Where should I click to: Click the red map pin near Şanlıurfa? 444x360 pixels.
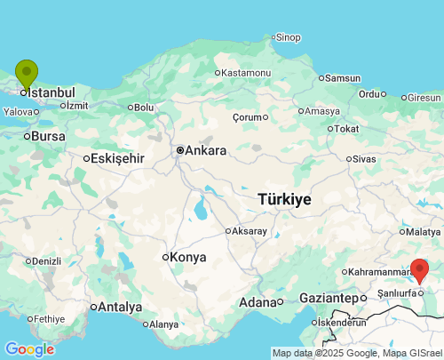420,268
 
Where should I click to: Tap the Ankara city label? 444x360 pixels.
205,150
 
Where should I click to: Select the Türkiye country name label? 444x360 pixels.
284,199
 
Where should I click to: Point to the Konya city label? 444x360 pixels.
187,257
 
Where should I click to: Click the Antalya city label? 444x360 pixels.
121,307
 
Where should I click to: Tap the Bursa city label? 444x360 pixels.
48,136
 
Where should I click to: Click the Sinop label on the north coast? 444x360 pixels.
288,36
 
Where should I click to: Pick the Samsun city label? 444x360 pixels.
343,78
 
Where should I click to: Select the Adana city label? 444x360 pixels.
258,302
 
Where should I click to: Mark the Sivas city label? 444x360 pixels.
364,158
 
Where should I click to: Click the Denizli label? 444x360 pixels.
45,261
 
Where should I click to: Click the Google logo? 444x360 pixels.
29,349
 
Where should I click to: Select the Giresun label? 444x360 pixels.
424,97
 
